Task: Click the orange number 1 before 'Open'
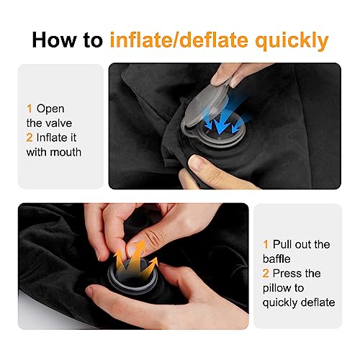[30, 108]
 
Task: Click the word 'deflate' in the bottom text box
[318, 302]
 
